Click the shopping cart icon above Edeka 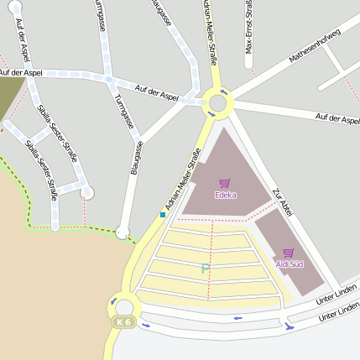coord(224,183)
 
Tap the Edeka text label coord(225,196)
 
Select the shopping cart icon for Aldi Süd coord(289,253)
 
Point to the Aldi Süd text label coord(290,264)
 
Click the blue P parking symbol coord(204,269)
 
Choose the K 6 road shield coord(124,322)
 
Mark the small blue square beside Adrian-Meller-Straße coord(163,215)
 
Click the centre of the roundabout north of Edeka coord(218,104)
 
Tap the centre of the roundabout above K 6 coord(127,306)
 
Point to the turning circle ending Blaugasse coord(123,232)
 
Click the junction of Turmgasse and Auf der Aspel coord(109,80)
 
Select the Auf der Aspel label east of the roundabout coord(337,119)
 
